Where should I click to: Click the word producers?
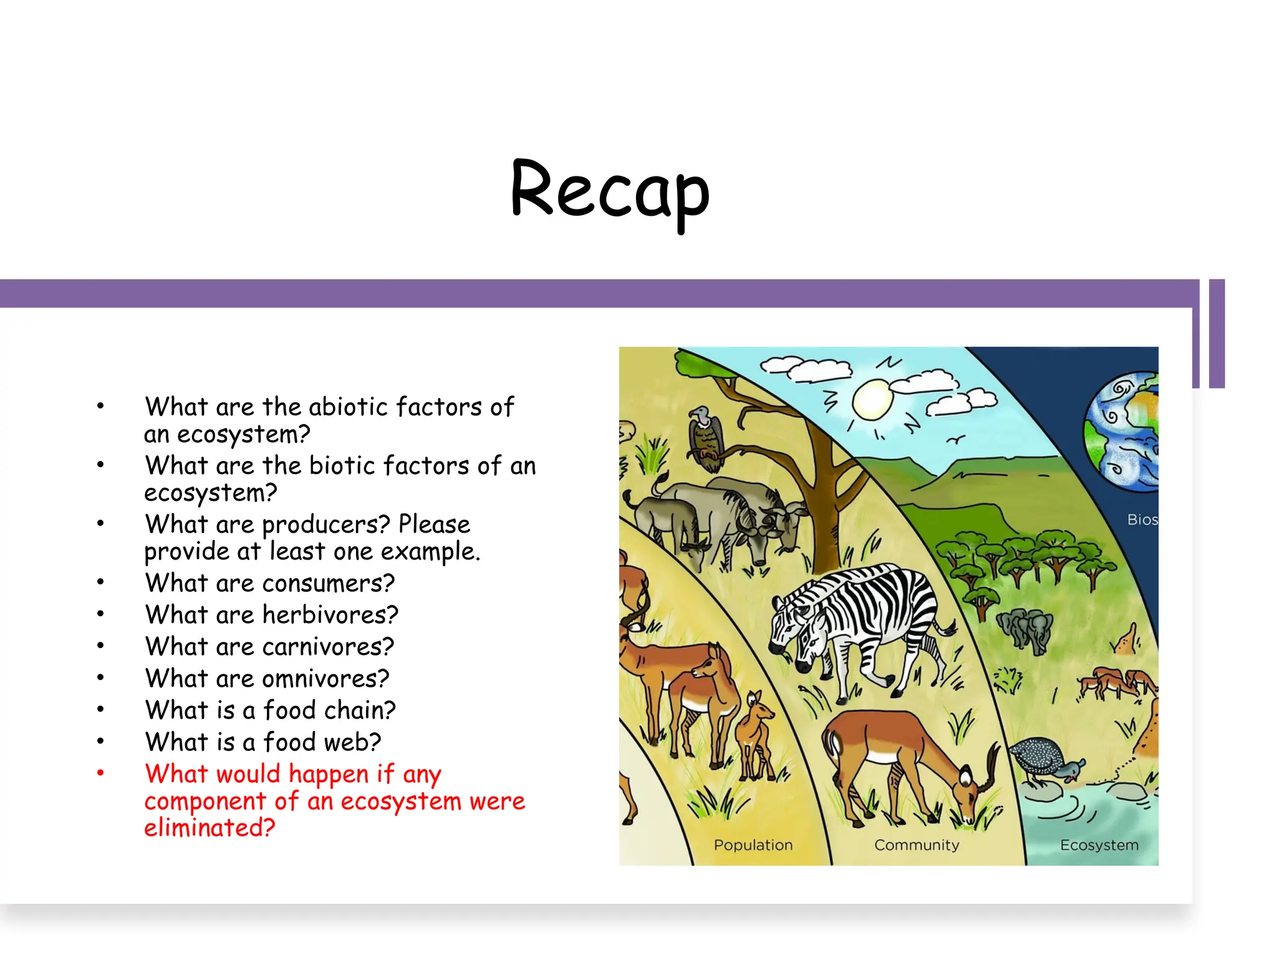click(325, 525)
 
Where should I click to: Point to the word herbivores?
click(330, 615)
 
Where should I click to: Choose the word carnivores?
click(328, 647)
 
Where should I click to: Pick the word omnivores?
click(325, 679)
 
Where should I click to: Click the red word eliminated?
click(210, 828)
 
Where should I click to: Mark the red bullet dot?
click(100, 773)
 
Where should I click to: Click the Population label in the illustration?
click(753, 845)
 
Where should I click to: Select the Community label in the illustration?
click(916, 845)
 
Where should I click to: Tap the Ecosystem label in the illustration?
click(1099, 845)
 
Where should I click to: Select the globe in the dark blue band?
click(1123, 430)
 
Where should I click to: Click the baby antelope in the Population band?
click(754, 733)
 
